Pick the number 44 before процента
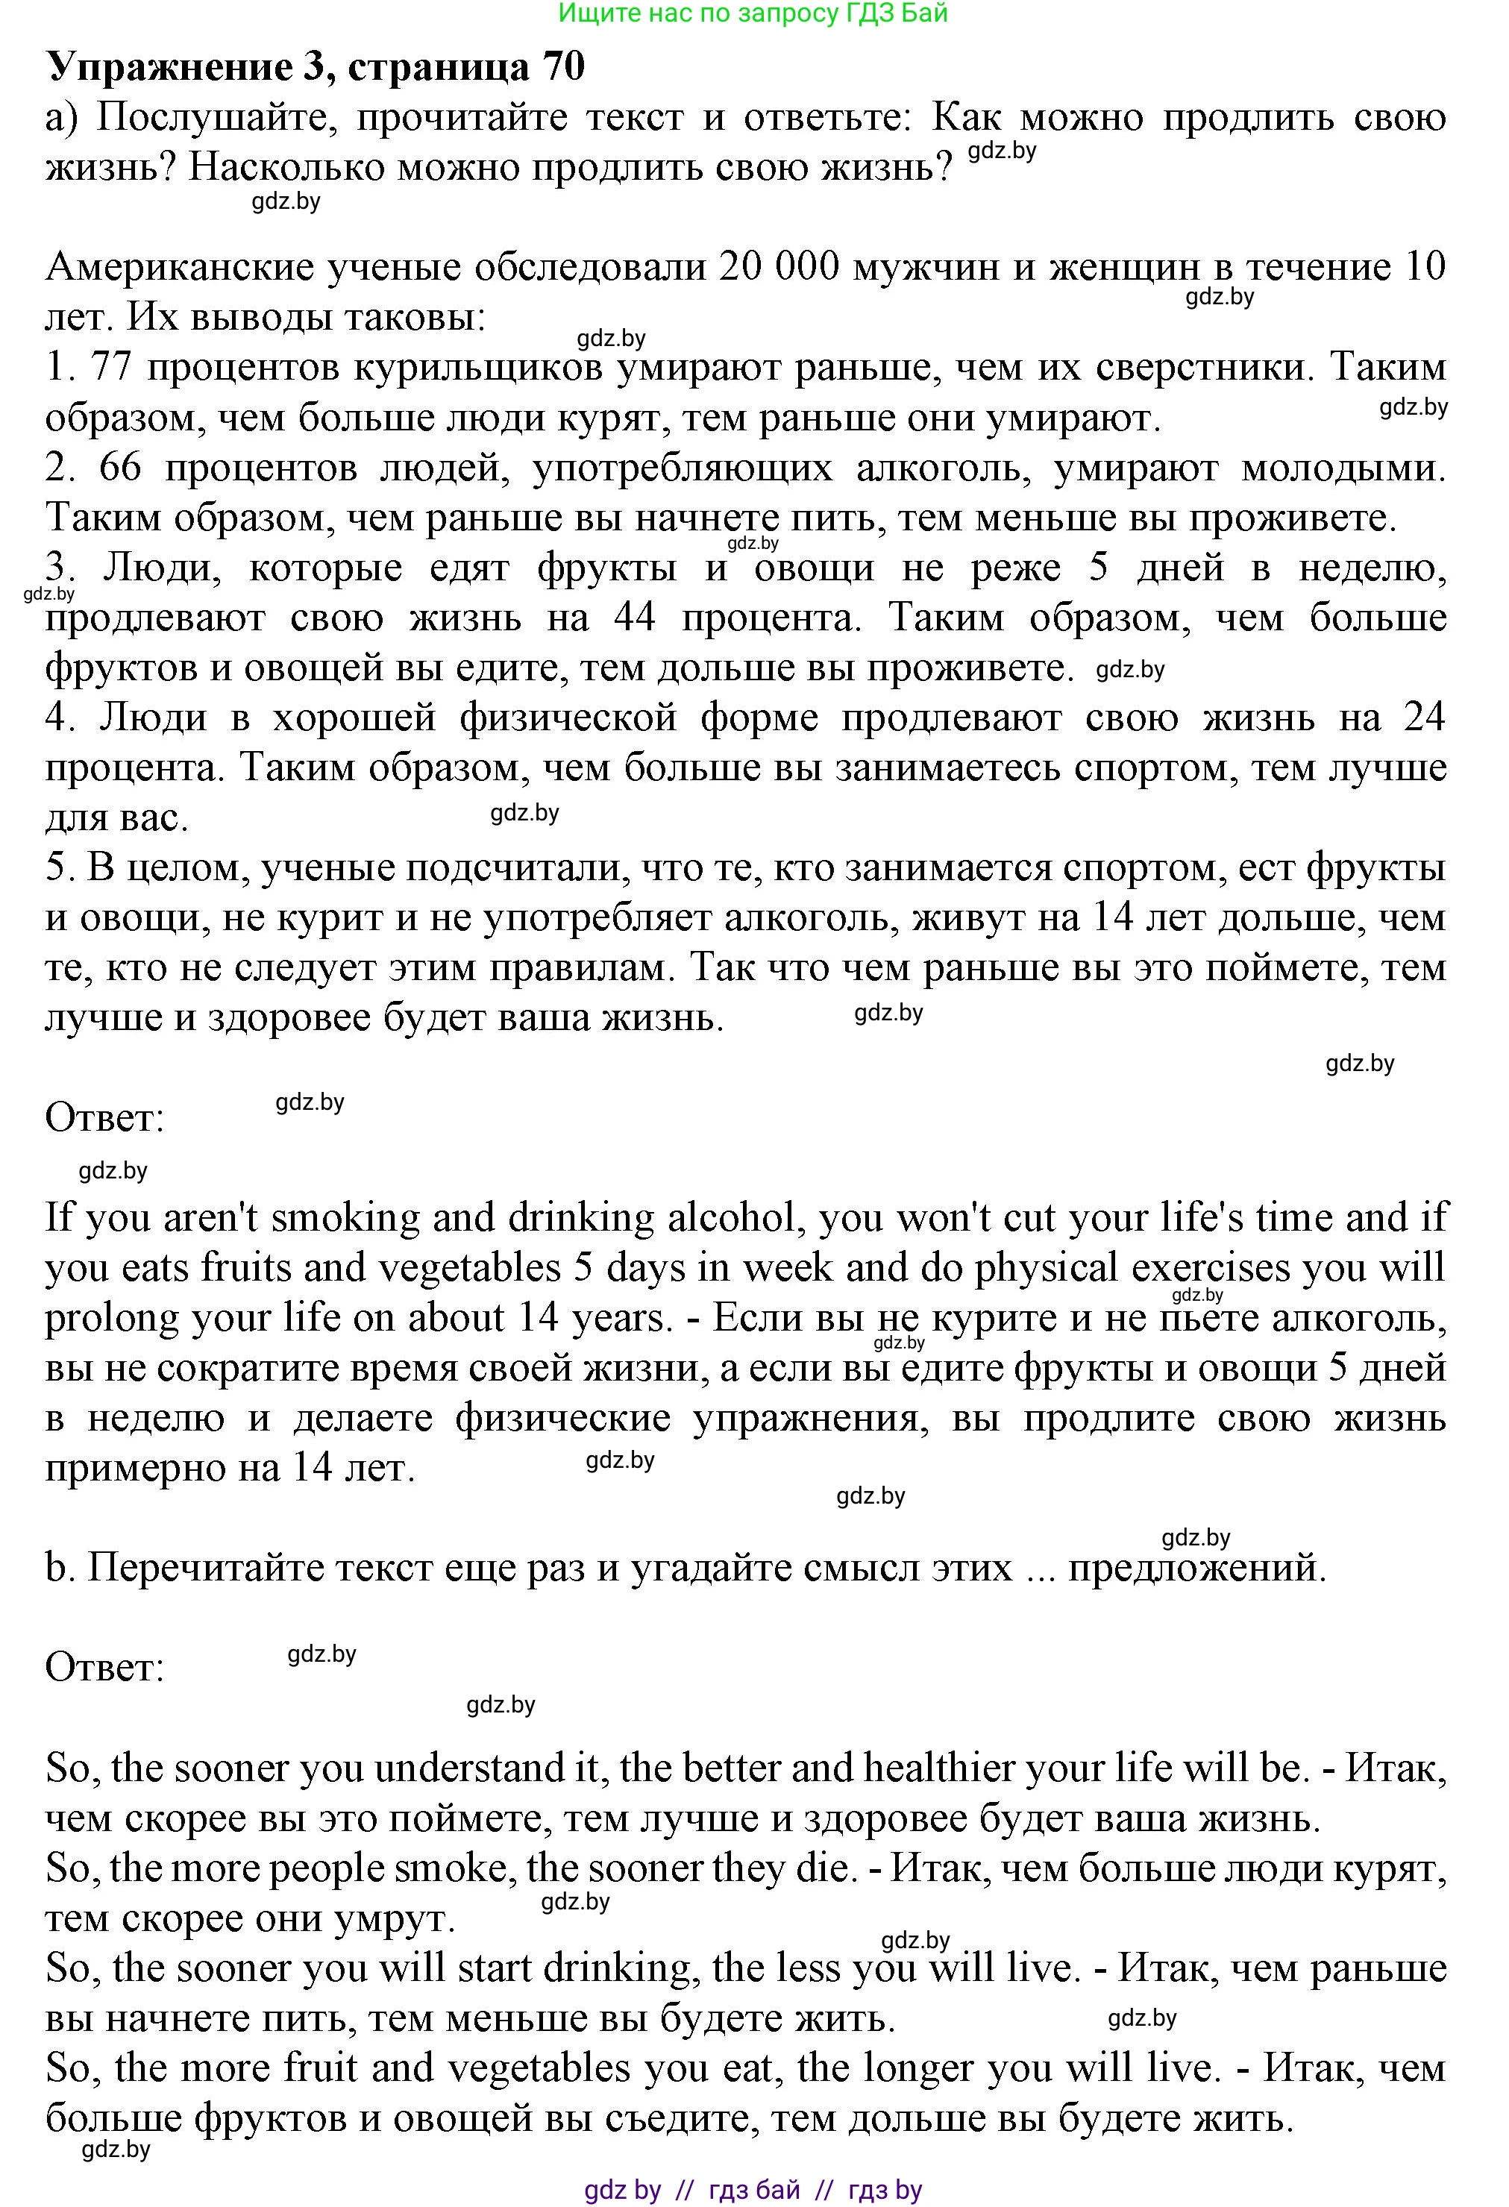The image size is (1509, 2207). pyautogui.click(x=634, y=618)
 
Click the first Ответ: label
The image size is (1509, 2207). pyautogui.click(x=104, y=1118)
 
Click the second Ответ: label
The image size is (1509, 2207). pyautogui.click(x=104, y=1667)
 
